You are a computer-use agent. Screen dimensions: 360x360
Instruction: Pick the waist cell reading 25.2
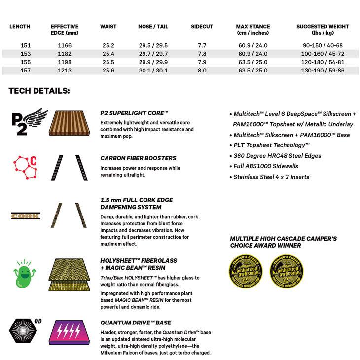pyautogui.click(x=108, y=45)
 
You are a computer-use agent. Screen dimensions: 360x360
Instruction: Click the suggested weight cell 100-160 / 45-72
pyautogui.click(x=323, y=54)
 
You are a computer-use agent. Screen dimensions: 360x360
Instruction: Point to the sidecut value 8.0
pyautogui.click(x=202, y=71)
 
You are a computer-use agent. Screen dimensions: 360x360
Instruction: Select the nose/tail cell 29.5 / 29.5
pyautogui.click(x=153, y=45)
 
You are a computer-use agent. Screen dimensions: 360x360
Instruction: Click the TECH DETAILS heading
pyautogui.click(x=39, y=91)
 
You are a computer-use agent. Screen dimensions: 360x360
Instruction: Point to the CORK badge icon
pyautogui.click(x=26, y=216)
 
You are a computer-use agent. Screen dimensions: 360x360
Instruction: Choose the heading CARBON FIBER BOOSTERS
pyautogui.click(x=138, y=158)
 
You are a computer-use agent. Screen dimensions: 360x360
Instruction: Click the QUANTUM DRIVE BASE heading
pyautogui.click(x=136, y=323)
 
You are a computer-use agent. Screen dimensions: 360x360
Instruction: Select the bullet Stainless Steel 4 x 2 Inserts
pyautogui.click(x=271, y=177)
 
